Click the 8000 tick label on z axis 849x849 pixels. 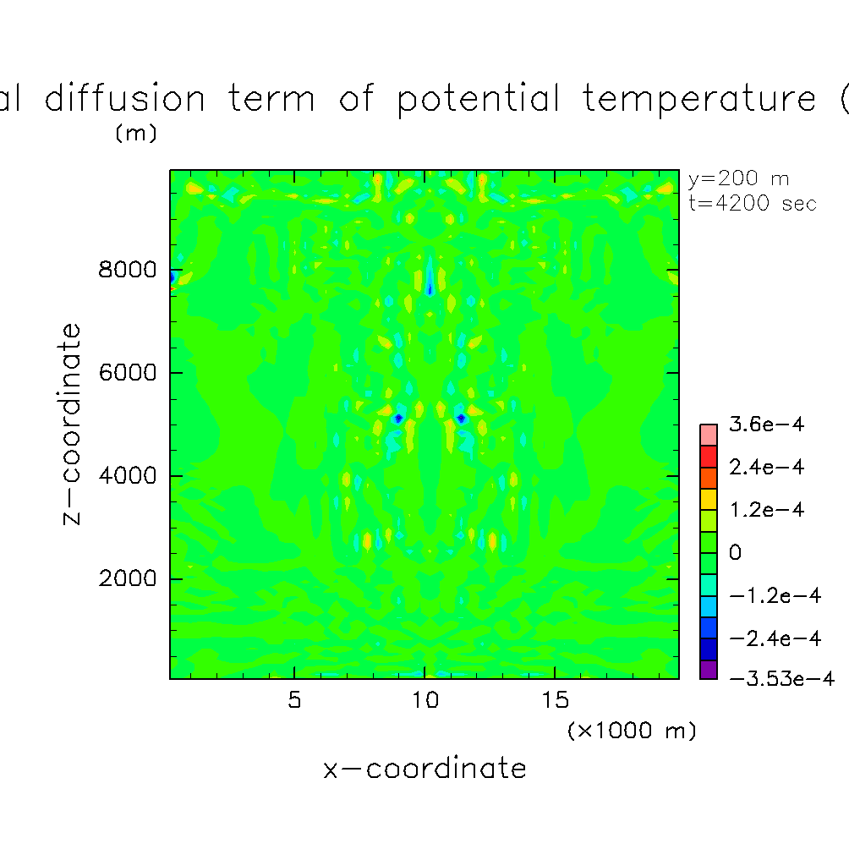tap(127, 270)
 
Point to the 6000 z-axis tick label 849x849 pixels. tap(127, 373)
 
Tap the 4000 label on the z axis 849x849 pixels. tap(127, 475)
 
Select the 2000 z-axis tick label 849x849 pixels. tap(127, 578)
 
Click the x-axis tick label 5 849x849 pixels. tap(294, 700)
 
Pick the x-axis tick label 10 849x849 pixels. tap(425, 700)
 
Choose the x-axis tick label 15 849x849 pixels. tap(555, 700)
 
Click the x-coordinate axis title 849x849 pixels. tap(424, 769)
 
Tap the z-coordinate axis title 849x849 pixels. tap(72, 424)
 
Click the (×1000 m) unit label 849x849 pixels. tap(632, 731)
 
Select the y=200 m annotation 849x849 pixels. tap(738, 178)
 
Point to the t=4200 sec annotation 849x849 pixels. tap(753, 203)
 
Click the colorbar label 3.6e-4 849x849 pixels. tap(767, 424)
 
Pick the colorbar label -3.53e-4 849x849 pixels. tap(782, 678)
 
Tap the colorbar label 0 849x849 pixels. tap(736, 552)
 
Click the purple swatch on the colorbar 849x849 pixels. tap(709, 670)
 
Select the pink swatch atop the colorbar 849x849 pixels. tap(709, 435)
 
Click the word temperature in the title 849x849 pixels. tap(699, 99)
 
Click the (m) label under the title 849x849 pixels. tap(136, 134)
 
